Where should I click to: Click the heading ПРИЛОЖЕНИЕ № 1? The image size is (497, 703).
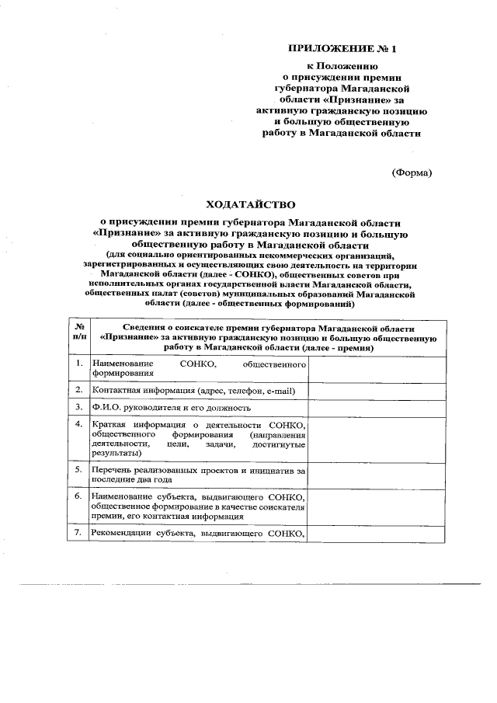342,49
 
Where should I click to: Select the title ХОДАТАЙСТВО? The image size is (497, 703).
250,204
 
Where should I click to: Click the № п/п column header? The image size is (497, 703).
78,332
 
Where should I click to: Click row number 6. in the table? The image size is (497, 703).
78,495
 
